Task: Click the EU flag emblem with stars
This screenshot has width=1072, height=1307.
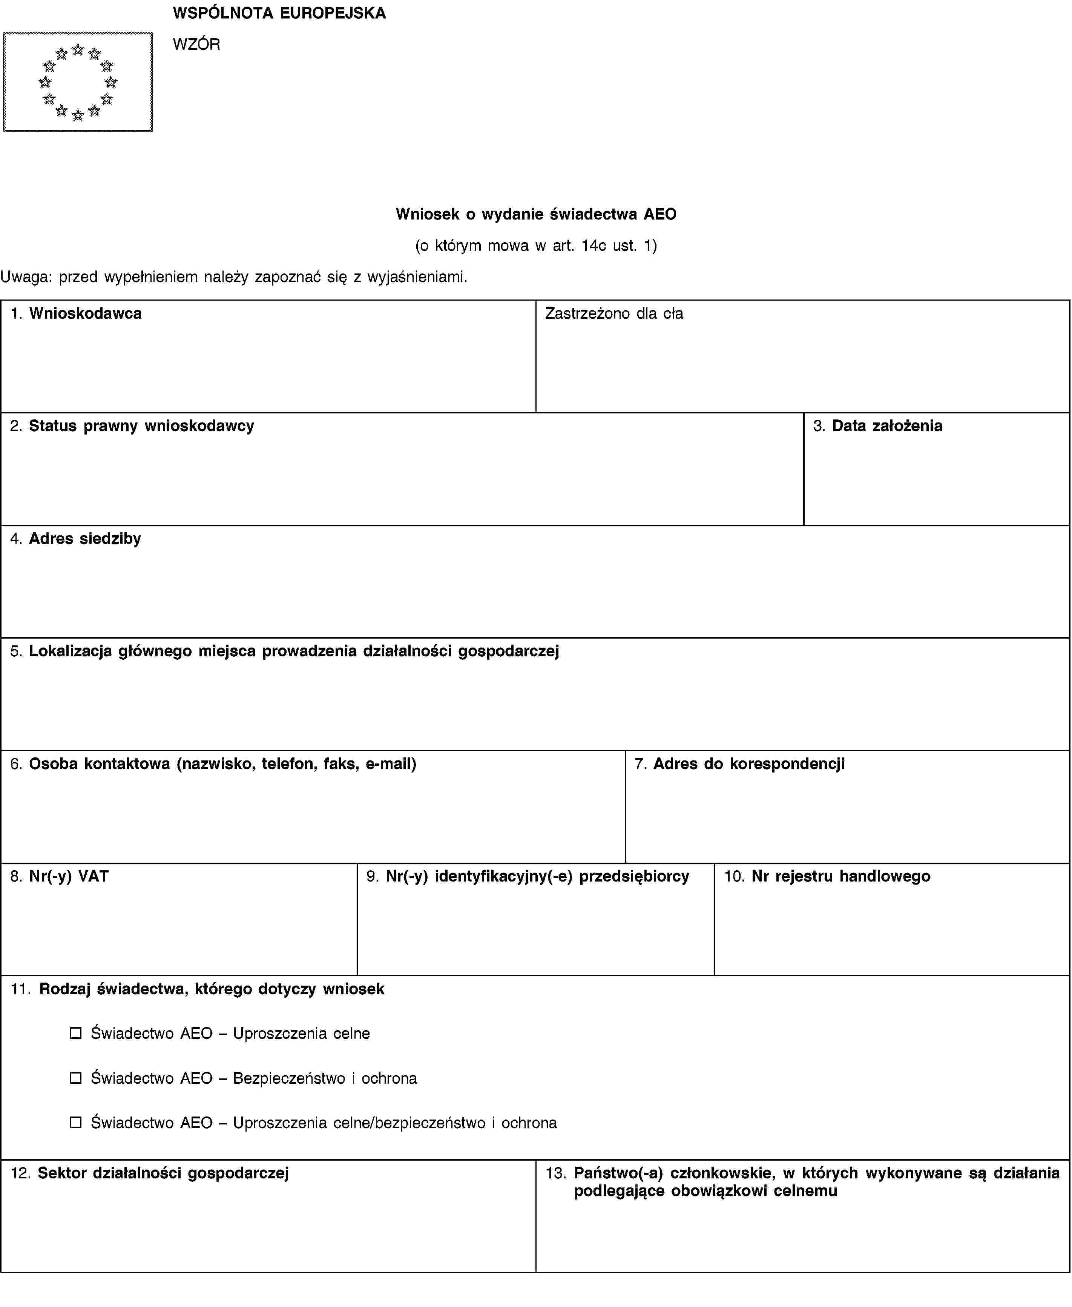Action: click(78, 81)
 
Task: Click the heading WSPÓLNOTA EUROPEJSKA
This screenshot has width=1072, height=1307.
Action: click(279, 13)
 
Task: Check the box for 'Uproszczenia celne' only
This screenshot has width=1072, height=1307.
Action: click(76, 1033)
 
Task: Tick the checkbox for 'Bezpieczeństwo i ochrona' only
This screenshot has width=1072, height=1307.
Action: click(76, 1078)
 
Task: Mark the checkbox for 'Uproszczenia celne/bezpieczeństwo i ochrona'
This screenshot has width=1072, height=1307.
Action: click(76, 1122)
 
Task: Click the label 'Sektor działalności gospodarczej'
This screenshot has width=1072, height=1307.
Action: click(163, 1173)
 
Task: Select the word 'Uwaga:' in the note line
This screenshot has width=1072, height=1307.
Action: click(26, 277)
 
